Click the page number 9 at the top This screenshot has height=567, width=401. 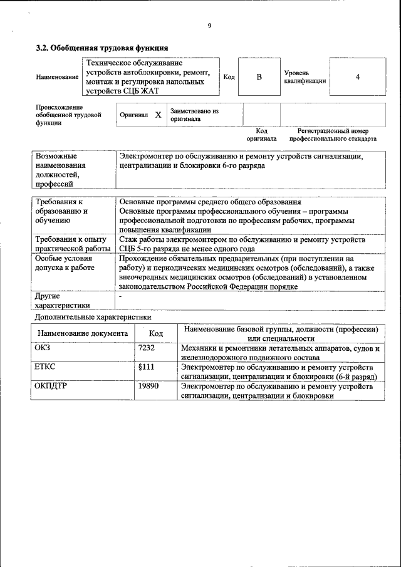coord(209,26)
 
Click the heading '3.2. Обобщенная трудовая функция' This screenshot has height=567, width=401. coord(102,48)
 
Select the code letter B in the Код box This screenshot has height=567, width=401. coord(259,76)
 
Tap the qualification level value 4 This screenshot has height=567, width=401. coord(357,76)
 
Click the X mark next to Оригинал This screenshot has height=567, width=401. coord(158,115)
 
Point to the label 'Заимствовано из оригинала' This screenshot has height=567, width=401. coord(194,115)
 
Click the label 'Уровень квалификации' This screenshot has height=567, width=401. coord(305,77)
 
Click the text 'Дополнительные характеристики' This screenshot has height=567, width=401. coord(93,318)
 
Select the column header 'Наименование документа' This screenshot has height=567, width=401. coord(82,334)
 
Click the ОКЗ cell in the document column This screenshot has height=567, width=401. coord(42,348)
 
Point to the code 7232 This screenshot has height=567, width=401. coord(146,348)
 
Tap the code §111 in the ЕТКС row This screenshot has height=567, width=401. coord(146,367)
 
